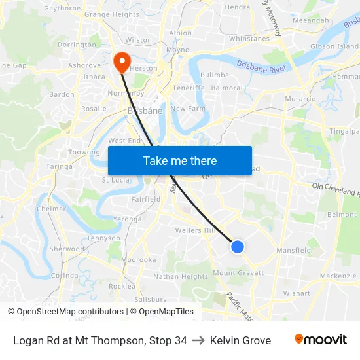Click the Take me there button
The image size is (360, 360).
coord(179,160)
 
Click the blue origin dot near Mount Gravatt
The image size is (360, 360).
coord(238,247)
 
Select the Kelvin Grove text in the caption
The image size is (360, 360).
coord(240,340)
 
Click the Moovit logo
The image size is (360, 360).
coord(321,340)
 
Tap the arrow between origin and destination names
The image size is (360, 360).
coord(198,340)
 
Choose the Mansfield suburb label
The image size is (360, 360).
coord(293,250)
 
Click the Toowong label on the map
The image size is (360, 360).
coord(84,152)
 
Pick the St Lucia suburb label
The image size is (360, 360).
coord(115,180)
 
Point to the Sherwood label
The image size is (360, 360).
coord(67,249)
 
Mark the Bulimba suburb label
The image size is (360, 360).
coord(215,75)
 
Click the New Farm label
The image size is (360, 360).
coord(188,108)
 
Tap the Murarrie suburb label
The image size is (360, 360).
coord(301,98)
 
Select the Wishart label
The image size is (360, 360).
coord(297,293)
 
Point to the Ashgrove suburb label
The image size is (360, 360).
coord(84,65)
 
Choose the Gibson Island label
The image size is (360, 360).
coord(334,46)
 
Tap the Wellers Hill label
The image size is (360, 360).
coord(195,230)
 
